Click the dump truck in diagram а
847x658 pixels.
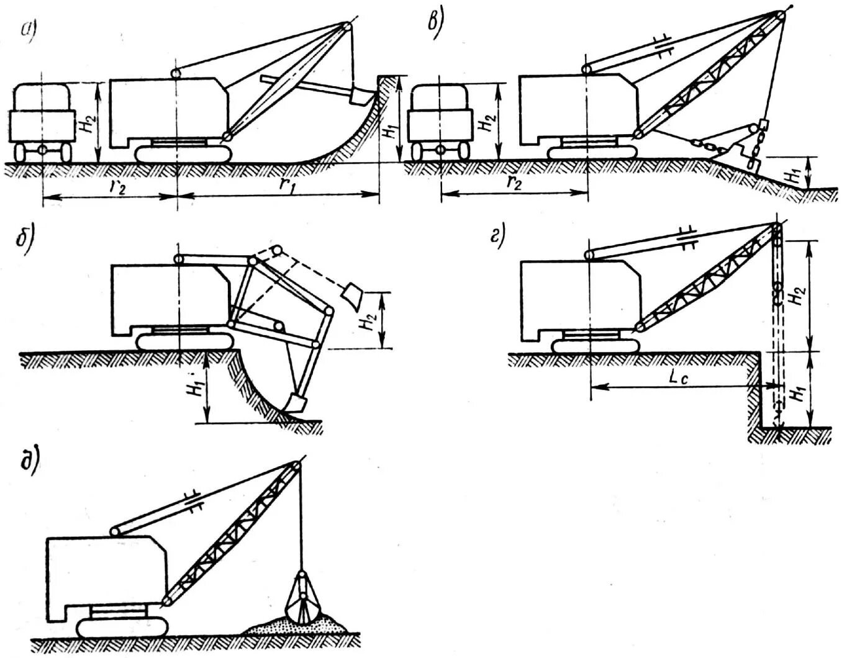pyautogui.click(x=42, y=122)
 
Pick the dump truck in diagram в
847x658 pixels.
pyautogui.click(x=439, y=121)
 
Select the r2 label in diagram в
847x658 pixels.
pyautogui.click(x=514, y=183)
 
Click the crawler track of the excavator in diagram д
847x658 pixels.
pyautogui.click(x=122, y=628)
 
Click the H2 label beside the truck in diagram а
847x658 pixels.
pyautogui.click(x=87, y=122)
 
